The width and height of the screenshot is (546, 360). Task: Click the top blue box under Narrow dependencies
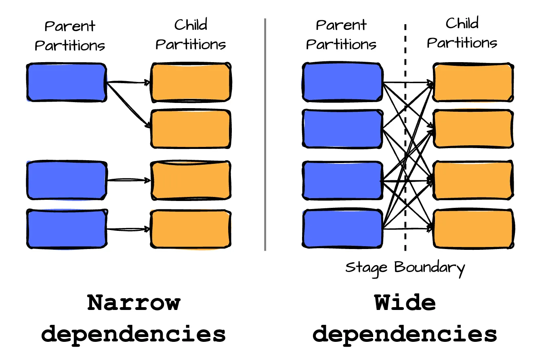67,82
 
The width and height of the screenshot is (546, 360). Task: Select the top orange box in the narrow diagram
191,82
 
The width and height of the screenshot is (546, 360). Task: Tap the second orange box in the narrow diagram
191,128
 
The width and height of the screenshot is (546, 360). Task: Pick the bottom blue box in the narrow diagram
67,228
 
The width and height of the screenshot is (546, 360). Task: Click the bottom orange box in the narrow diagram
191,228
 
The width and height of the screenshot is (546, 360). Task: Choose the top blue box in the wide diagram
342,82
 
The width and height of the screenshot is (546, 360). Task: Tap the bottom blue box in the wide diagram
342,228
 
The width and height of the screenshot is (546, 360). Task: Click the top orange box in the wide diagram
473,82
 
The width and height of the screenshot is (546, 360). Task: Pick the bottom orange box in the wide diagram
473,228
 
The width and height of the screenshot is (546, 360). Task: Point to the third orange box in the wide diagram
473,180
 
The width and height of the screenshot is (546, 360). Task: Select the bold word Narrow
134,303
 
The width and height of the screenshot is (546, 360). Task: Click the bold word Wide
405,303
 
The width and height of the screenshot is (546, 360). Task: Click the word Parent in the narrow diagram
69,26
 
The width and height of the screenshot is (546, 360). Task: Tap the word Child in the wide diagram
462,24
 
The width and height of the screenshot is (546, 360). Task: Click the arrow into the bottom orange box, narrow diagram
128,229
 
